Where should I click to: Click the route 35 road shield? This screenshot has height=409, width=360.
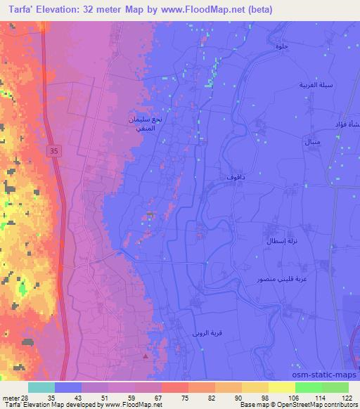coord(54,150)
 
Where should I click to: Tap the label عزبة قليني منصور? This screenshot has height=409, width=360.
coord(280,279)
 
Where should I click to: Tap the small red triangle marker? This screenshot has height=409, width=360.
coord(146,356)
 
